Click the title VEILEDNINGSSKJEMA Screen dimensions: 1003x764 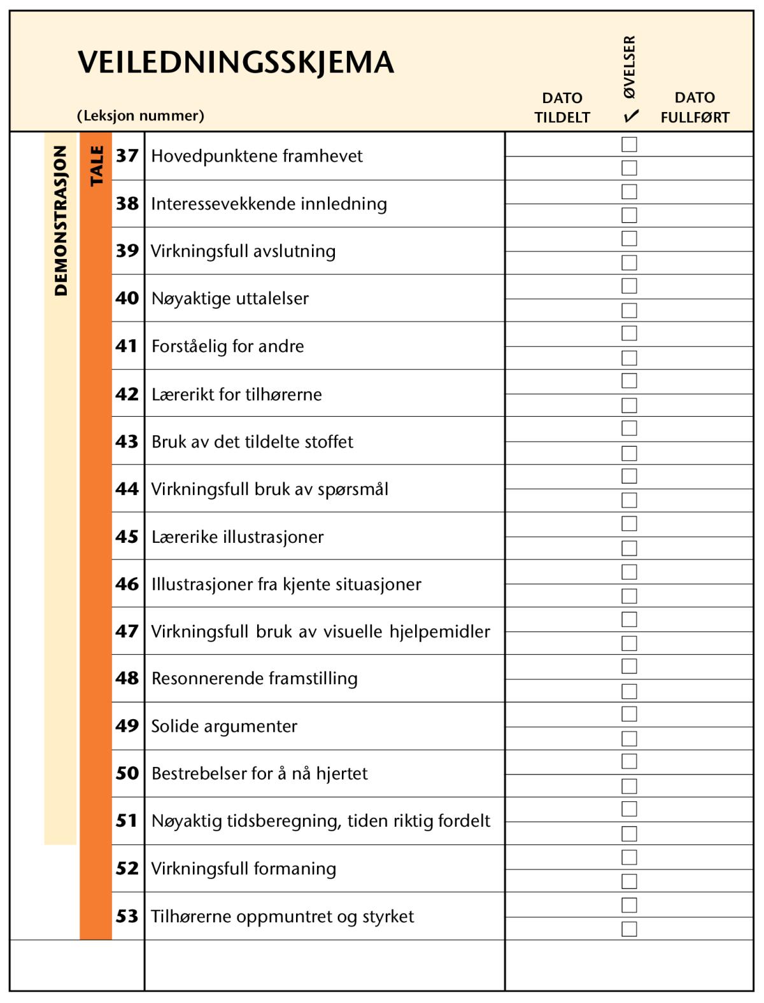click(x=236, y=63)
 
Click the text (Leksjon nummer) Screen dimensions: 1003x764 click(x=141, y=116)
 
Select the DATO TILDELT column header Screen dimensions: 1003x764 click(x=562, y=108)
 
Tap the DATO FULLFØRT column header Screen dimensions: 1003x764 click(x=695, y=108)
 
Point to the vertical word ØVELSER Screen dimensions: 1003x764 click(x=629, y=67)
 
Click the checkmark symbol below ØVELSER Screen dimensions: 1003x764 click(x=631, y=116)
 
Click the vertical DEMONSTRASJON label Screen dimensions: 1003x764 click(x=60, y=220)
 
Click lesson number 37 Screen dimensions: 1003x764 click(x=127, y=156)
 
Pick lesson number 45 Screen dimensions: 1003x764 click(x=127, y=537)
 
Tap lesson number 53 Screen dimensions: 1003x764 click(x=127, y=916)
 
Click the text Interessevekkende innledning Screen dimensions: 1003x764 click(x=269, y=204)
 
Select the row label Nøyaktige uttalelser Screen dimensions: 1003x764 click(x=230, y=298)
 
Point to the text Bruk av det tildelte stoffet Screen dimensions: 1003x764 click(x=252, y=442)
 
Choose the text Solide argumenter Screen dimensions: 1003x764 click(x=224, y=726)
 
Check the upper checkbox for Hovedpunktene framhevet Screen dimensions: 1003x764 click(x=629, y=144)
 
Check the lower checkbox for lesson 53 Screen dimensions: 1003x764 click(x=629, y=929)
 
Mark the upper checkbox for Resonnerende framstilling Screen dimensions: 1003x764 click(x=629, y=666)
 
